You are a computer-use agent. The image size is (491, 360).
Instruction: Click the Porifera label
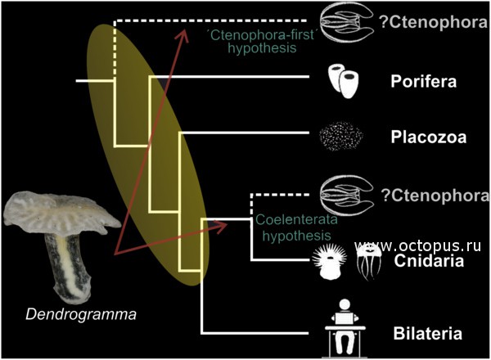(423, 81)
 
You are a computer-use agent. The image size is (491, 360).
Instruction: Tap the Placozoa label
(428, 137)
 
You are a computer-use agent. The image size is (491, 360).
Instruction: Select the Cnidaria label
(429, 261)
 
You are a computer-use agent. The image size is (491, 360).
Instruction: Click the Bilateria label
(427, 333)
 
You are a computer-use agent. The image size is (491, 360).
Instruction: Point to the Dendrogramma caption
(81, 314)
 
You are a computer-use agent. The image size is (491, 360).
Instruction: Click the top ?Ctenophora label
(434, 22)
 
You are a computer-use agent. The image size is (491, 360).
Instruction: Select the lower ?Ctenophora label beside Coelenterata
(435, 196)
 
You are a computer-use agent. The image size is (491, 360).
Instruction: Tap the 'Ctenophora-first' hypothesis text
(262, 42)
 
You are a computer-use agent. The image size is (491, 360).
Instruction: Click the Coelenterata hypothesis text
(296, 227)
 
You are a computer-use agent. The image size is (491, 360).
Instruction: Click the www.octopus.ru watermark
(417, 246)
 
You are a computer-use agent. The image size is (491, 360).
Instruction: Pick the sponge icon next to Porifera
(343, 81)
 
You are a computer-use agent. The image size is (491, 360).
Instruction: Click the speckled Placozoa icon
(341, 137)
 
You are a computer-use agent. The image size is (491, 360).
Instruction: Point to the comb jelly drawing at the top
(347, 22)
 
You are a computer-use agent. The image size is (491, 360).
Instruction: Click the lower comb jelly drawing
(347, 196)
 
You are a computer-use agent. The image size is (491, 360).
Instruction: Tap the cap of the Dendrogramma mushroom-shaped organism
(61, 214)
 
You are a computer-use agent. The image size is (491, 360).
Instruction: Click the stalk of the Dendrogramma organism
(68, 268)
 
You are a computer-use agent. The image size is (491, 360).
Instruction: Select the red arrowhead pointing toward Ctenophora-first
(182, 35)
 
